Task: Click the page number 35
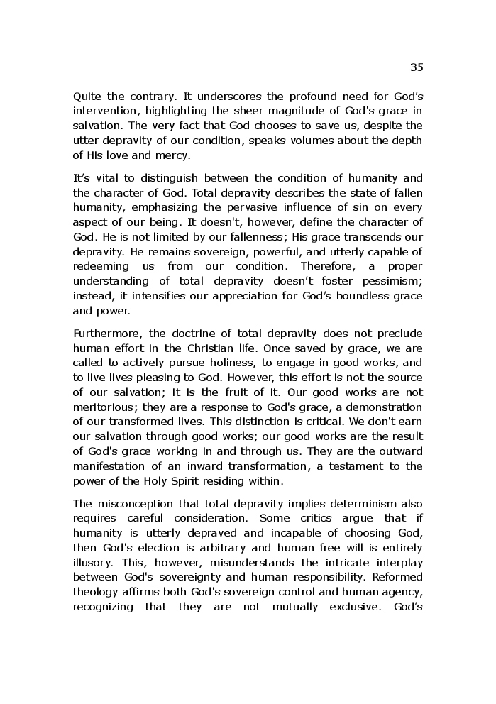[417, 67]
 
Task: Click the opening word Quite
[87, 96]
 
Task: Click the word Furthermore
[106, 333]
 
